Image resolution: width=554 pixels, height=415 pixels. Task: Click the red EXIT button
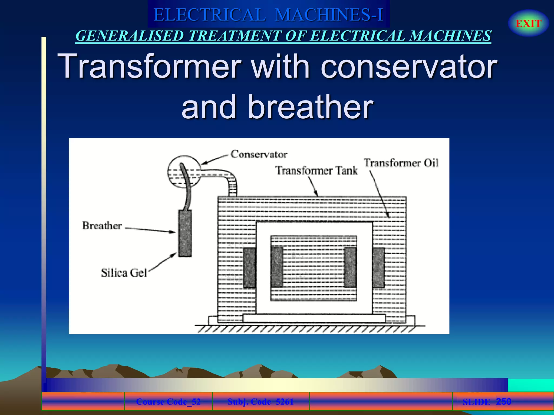coord(528,24)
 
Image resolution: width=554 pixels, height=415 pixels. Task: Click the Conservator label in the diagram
coord(259,154)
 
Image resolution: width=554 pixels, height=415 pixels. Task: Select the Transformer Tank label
coord(316,170)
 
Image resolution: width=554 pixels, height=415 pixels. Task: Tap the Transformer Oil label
coord(401,163)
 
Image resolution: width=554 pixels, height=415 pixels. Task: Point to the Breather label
coord(102,226)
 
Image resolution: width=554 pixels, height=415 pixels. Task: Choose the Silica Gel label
coord(124,273)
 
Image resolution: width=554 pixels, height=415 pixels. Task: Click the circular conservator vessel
coord(184,172)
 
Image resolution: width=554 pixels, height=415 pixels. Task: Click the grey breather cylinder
coord(185,233)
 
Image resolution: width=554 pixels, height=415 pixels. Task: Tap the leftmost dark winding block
coord(250,267)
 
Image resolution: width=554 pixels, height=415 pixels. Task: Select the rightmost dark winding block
coord(378,267)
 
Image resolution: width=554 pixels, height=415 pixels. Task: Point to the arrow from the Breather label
coord(150,230)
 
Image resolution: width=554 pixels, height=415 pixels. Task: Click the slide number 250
coord(503,401)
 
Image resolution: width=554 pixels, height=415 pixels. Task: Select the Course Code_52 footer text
coord(168,402)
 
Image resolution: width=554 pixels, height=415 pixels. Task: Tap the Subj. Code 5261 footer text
coord(260,402)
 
